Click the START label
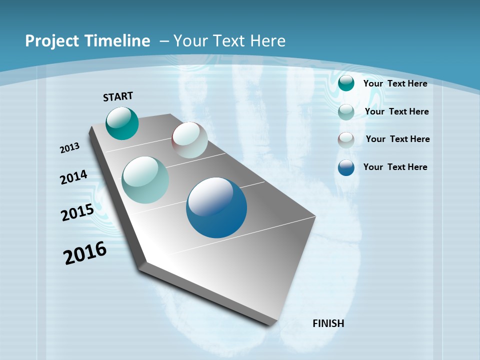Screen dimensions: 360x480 (118, 96)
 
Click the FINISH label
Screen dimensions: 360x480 (328, 323)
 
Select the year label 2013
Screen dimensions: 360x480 (70, 147)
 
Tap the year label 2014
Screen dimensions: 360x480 (74, 177)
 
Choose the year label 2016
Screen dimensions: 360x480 (85, 253)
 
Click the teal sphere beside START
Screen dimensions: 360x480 (122, 123)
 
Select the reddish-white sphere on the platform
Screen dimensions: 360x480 (189, 140)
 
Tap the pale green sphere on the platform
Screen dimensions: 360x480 (145, 180)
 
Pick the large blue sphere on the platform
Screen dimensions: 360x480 (216, 207)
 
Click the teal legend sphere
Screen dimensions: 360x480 (346, 83)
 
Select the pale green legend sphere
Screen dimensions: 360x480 (346, 111)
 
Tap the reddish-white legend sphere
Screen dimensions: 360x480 (346, 139)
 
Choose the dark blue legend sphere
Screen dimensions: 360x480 (346, 167)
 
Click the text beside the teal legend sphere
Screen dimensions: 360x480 (395, 83)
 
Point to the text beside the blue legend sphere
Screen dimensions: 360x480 (395, 167)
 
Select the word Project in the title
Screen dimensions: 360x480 (51, 41)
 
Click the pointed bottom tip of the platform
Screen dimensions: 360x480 (270, 324)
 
